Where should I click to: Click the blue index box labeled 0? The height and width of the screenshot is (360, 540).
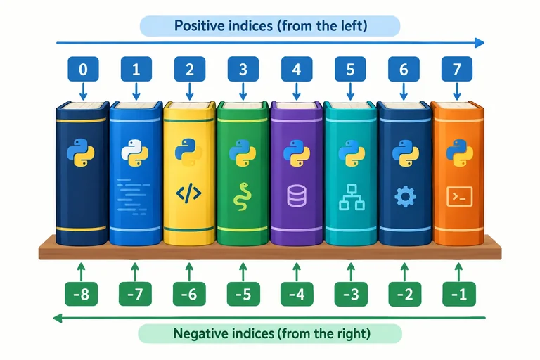point(83,69)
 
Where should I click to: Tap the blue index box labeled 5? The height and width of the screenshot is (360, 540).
point(350,69)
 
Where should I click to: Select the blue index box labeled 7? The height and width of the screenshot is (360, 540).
point(456,69)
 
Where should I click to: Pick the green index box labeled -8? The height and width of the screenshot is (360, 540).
point(82,294)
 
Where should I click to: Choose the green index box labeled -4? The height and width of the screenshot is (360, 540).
point(297,294)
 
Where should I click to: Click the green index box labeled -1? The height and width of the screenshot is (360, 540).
point(459,294)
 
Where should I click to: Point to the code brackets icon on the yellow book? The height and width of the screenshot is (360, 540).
point(188,193)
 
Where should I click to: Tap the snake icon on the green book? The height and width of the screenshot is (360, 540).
point(243,196)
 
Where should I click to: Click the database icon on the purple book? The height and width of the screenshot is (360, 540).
point(297,195)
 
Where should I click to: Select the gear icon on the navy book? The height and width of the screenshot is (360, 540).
point(405,197)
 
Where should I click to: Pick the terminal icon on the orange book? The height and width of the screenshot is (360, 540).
point(459,197)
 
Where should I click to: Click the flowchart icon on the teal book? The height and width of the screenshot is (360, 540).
point(352,197)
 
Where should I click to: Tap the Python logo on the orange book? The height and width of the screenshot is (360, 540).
point(459,153)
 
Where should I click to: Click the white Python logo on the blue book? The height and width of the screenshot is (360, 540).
point(135,153)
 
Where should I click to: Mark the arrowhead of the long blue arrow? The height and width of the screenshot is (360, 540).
point(480,43)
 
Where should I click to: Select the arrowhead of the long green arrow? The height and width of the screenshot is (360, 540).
point(58,318)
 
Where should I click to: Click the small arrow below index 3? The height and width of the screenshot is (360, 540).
point(243,91)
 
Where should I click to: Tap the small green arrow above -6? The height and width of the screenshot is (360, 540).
point(188,272)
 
